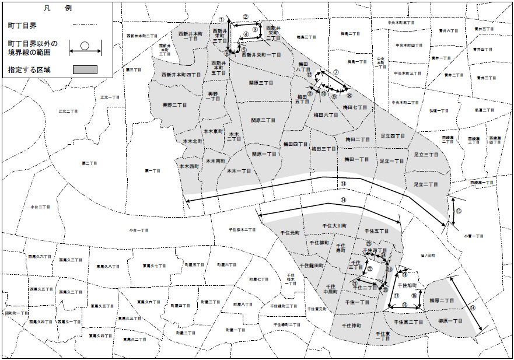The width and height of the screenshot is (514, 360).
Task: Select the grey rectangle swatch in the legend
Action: point(85,69)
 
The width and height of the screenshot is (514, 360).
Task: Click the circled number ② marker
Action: point(246,17)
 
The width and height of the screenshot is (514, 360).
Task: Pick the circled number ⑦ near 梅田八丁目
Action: point(336,72)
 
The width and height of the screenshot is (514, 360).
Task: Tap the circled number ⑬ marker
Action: point(459,211)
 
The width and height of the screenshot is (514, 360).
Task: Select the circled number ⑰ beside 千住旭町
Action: point(396,296)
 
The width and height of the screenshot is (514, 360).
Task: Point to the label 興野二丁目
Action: point(174,105)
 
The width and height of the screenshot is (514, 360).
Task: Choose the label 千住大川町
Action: point(335,225)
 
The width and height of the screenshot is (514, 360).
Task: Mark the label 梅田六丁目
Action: point(325,116)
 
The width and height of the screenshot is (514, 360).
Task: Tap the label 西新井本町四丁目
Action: point(181,75)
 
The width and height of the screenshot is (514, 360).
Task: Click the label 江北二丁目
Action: point(68,111)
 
